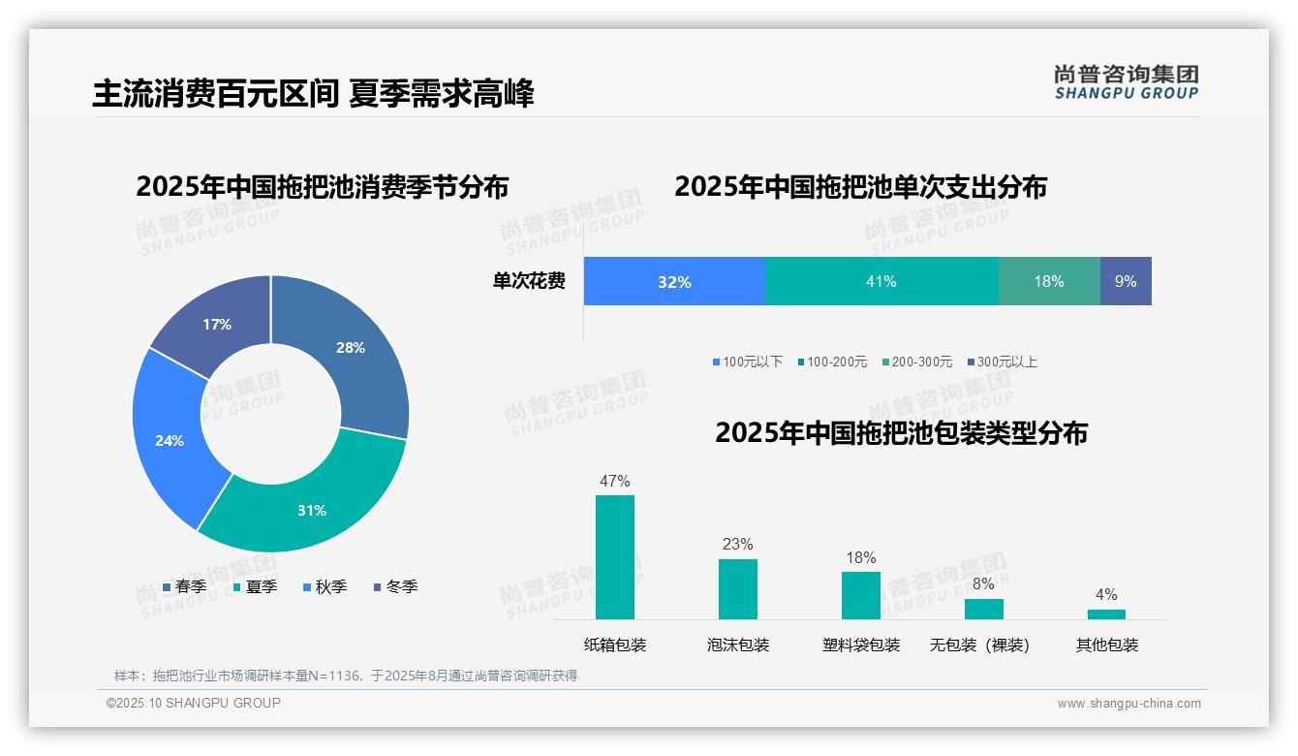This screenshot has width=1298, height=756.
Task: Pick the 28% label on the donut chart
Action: (350, 347)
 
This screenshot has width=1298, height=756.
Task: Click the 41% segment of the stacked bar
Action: (881, 281)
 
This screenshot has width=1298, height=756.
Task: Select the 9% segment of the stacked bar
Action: (1125, 281)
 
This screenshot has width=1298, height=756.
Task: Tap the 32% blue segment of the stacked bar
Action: (674, 281)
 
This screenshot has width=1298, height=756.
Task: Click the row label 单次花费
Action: (529, 281)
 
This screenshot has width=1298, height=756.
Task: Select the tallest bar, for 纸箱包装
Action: (614, 557)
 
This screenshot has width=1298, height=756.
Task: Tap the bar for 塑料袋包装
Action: (860, 595)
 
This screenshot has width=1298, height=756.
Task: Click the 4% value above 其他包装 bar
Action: (1105, 594)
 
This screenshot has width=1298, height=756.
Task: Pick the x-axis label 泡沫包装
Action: (737, 645)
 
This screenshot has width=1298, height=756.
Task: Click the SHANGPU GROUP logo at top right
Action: (1126, 81)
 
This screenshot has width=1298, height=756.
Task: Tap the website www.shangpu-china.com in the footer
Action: (1128, 703)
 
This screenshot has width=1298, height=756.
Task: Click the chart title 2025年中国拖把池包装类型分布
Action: (901, 432)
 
